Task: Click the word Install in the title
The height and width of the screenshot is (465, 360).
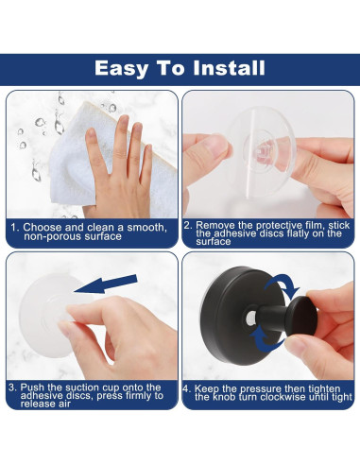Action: [229, 68]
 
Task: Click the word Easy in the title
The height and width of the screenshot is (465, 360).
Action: [122, 69]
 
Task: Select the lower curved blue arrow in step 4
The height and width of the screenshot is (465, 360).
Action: [266, 341]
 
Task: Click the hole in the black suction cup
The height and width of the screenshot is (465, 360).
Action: [250, 319]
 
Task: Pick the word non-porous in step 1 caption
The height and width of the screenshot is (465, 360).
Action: [47, 236]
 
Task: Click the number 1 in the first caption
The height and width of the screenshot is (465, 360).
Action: [13, 228]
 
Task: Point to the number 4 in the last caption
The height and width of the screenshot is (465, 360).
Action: [186, 388]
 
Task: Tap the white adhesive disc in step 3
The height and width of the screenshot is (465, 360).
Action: [47, 315]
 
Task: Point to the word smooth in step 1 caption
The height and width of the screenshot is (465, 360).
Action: [146, 228]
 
